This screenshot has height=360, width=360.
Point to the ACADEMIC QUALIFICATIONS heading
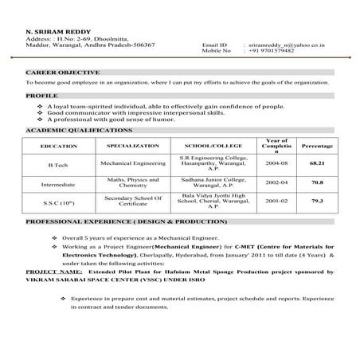[79, 128]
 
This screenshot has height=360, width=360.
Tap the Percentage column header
[317, 147]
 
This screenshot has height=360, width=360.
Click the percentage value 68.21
[317, 162]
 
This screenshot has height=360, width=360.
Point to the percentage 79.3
[317, 202]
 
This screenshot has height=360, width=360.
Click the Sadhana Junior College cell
[204, 182]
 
